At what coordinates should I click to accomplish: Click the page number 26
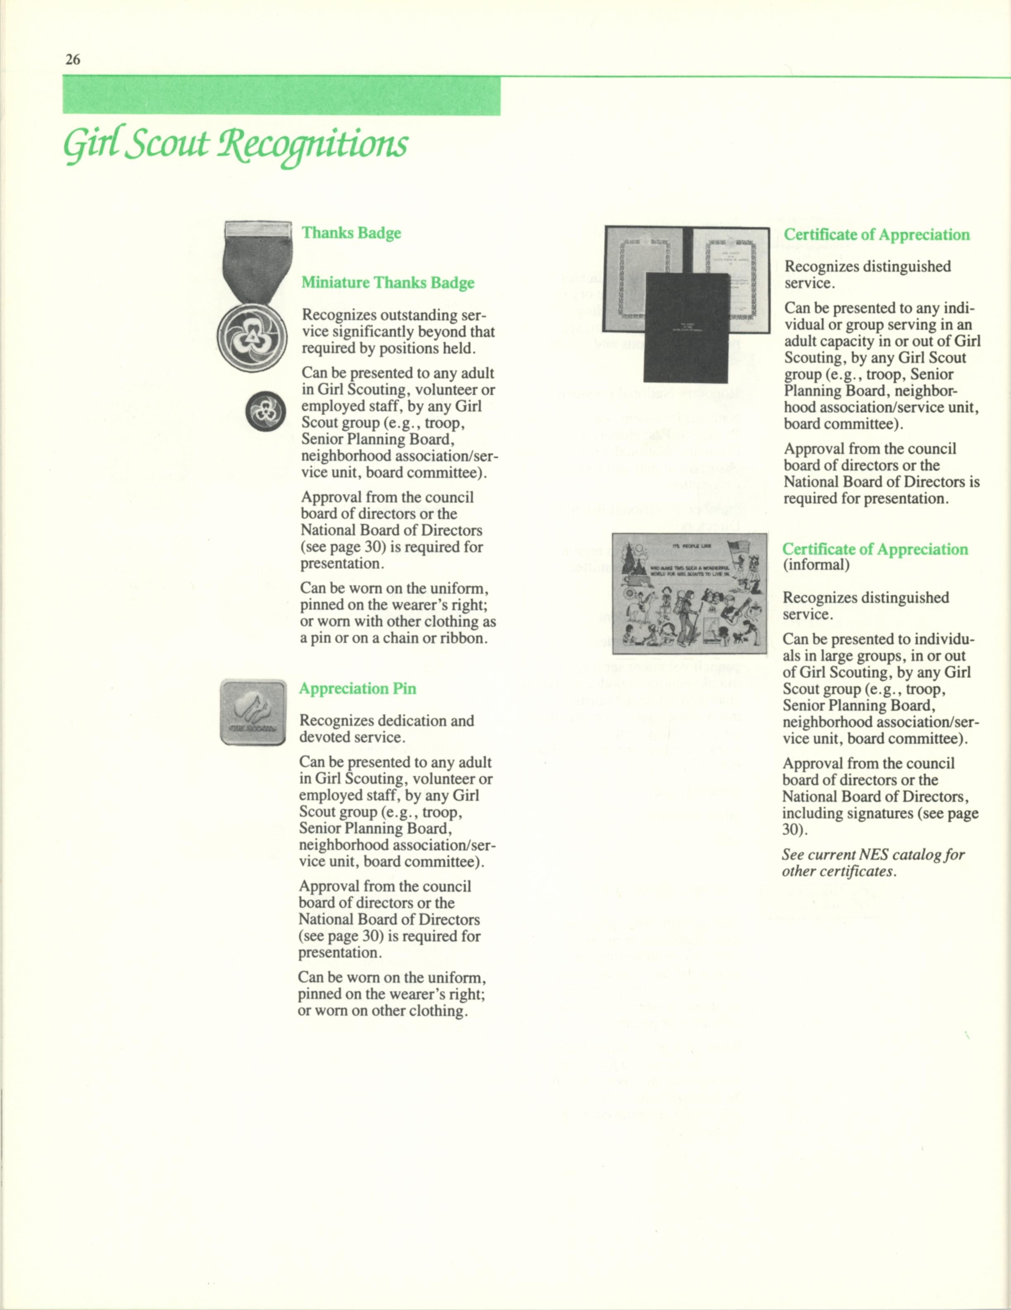pyautogui.click(x=73, y=59)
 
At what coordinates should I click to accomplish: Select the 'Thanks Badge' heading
pyautogui.click(x=351, y=233)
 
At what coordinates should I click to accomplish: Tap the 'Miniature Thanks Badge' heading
pyautogui.click(x=388, y=283)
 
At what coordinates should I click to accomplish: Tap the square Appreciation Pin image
pyautogui.click(x=253, y=712)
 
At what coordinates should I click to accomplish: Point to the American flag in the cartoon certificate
pyautogui.click(x=738, y=549)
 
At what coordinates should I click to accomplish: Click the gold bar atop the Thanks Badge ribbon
pyautogui.click(x=257, y=228)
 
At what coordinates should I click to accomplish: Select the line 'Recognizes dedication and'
pyautogui.click(x=386, y=720)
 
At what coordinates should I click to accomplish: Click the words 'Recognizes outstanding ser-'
pyautogui.click(x=393, y=315)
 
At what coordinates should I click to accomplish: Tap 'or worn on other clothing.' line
pyautogui.click(x=383, y=1010)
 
